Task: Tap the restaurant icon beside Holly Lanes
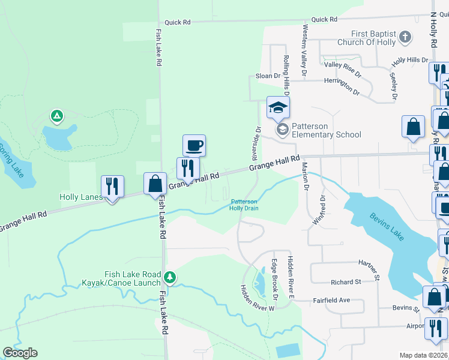pyautogui.click(x=112, y=186)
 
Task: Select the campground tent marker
pyautogui.click(x=56, y=115)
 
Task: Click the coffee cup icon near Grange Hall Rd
pyautogui.click(x=194, y=145)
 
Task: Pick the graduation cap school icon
pyautogui.click(x=278, y=108)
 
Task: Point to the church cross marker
pyautogui.click(x=405, y=38)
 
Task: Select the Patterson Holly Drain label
pyautogui.click(x=244, y=205)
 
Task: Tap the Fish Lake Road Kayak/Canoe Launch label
pyautogui.click(x=124, y=278)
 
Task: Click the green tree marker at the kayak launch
pyautogui.click(x=170, y=277)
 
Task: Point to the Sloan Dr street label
pyautogui.click(x=268, y=76)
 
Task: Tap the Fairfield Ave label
pyautogui.click(x=331, y=300)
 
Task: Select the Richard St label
pyautogui.click(x=345, y=281)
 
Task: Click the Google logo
pyautogui.click(x=20, y=353)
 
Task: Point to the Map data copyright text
pyautogui.click(x=423, y=355)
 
